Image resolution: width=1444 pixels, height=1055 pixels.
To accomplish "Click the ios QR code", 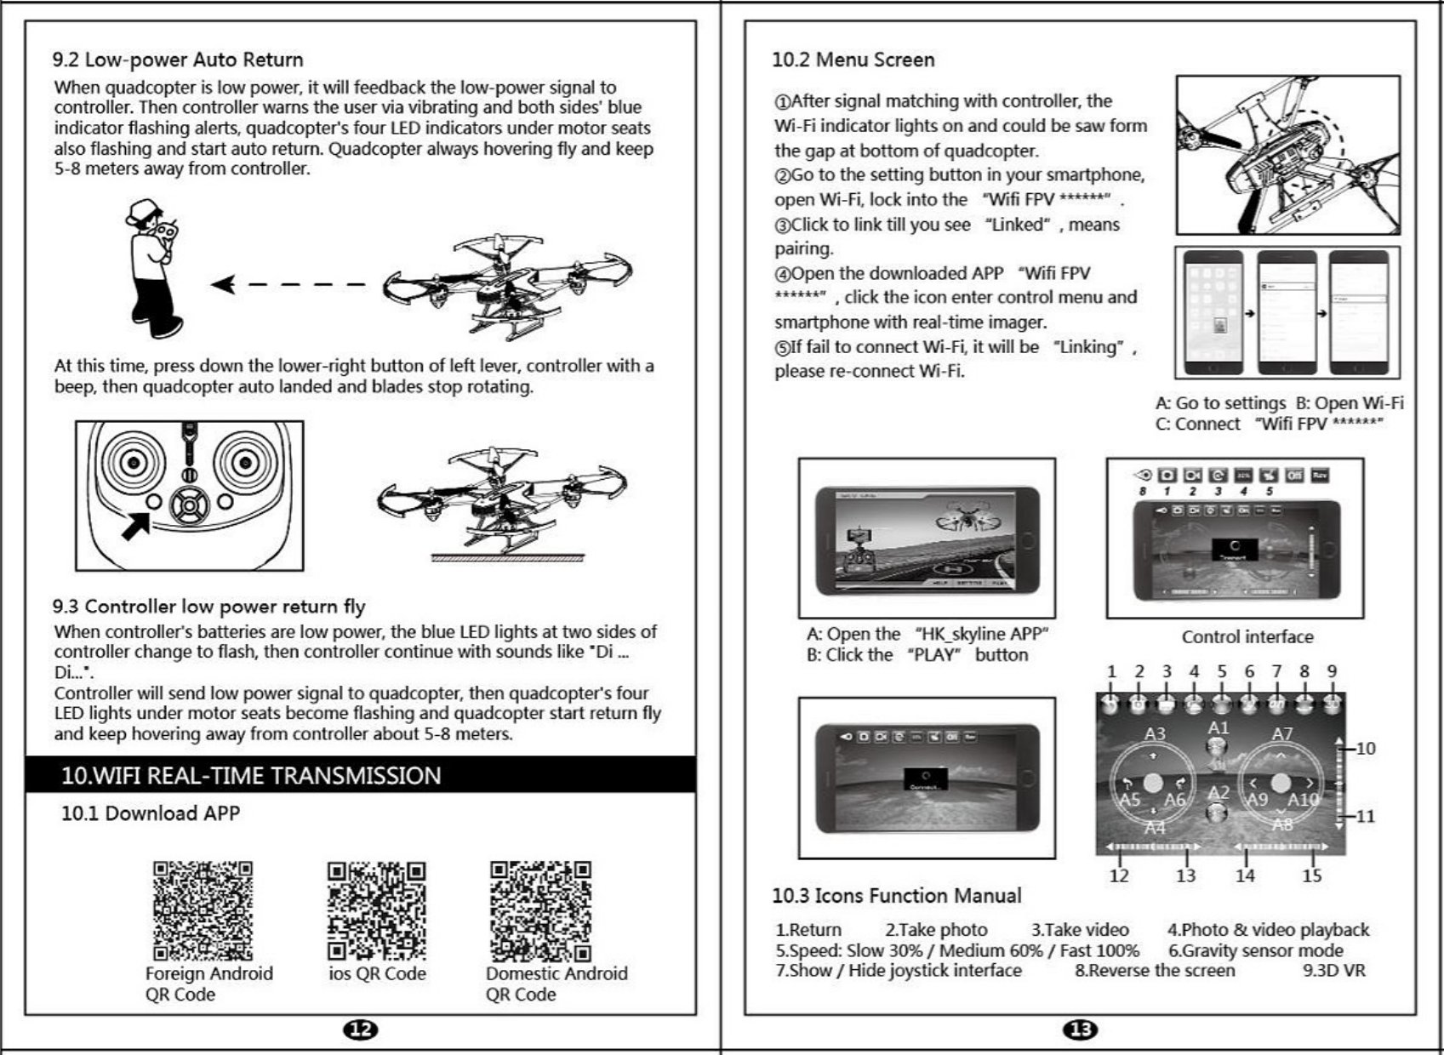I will [x=376, y=910].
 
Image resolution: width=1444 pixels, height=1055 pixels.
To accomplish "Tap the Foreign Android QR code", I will [x=203, y=910].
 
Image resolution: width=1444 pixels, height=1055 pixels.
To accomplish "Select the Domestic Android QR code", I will [x=540, y=910].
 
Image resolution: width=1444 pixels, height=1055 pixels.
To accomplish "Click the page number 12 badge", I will [x=361, y=1029].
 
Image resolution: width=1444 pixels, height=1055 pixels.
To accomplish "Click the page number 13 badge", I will [x=1081, y=1029].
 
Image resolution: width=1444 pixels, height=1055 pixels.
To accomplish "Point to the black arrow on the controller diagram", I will [x=136, y=525].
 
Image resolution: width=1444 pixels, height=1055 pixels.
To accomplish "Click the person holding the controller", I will [x=153, y=268].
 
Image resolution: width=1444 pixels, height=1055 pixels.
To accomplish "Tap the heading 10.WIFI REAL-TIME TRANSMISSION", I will [x=252, y=775].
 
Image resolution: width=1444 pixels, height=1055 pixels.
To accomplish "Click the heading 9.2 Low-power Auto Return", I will [x=178, y=60].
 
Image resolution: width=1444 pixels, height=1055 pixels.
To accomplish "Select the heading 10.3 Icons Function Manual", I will [x=896, y=895].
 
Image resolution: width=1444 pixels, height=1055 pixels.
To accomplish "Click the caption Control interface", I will [x=1247, y=636].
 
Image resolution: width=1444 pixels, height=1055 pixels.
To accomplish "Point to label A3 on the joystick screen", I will [x=1155, y=733].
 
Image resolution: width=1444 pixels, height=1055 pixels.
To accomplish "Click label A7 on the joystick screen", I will [x=1281, y=733].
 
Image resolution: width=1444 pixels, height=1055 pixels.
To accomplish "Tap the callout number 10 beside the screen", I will [x=1365, y=748].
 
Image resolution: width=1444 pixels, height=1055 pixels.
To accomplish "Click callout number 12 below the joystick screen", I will [x=1119, y=875].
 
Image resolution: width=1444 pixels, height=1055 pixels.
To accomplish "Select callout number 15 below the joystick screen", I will [x=1311, y=875].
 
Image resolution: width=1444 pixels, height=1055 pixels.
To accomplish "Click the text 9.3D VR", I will [x=1333, y=971].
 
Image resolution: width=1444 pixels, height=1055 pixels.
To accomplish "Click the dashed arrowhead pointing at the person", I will [x=224, y=284].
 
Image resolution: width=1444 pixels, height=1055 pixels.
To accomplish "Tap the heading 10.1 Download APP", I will [x=151, y=813].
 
